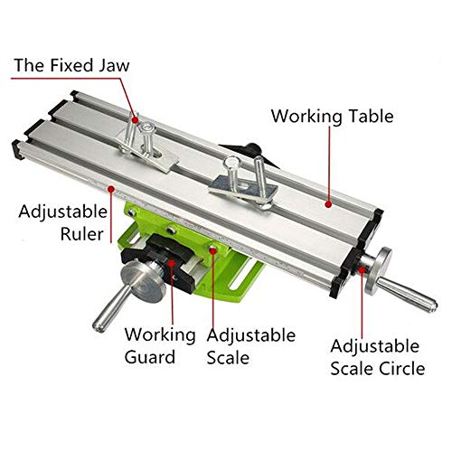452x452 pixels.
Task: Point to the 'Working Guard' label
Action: (x=160, y=345)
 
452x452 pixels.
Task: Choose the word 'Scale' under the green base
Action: (x=227, y=357)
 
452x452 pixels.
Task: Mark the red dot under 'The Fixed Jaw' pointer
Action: (x=137, y=118)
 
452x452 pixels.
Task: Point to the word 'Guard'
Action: (x=149, y=357)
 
